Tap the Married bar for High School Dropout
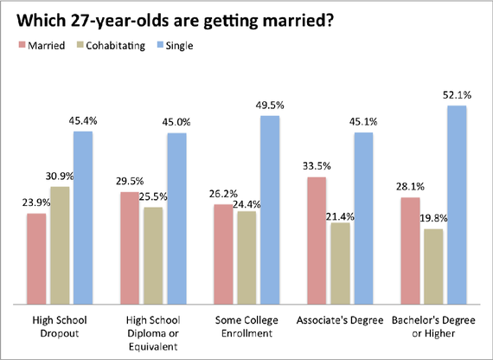(x=36, y=259)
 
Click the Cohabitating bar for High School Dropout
(x=60, y=246)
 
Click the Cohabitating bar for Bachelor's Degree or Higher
(x=433, y=267)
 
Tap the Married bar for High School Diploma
(x=130, y=248)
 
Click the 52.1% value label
(x=457, y=97)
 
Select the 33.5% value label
(x=317, y=168)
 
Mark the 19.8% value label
(x=433, y=220)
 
